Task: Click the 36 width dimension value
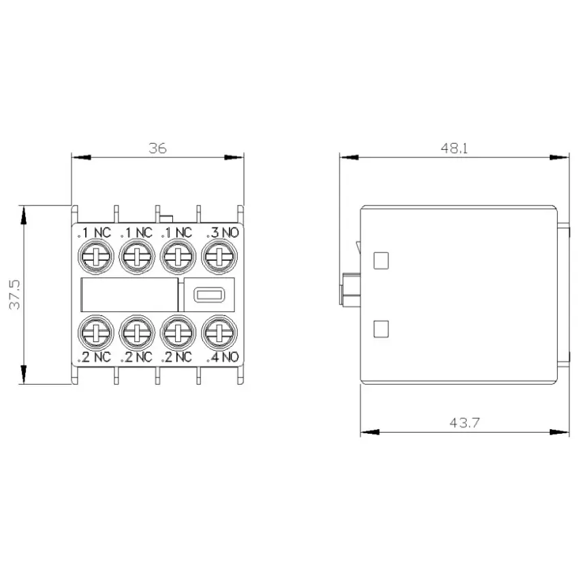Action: click(x=157, y=148)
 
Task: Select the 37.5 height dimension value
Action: click(x=15, y=294)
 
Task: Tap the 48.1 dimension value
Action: click(x=454, y=148)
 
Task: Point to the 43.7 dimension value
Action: click(x=465, y=422)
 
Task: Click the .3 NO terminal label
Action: click(x=223, y=233)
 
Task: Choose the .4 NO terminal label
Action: click(x=223, y=357)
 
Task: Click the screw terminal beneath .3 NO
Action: click(x=219, y=257)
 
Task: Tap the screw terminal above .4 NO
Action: click(x=219, y=332)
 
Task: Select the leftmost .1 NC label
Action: click(x=94, y=233)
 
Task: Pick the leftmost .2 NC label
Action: click(x=94, y=357)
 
